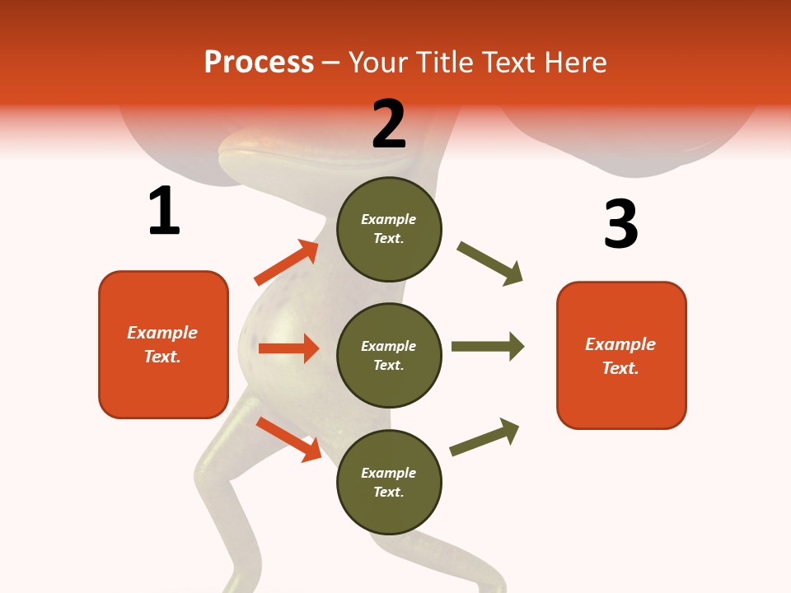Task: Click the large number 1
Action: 164,211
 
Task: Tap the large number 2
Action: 389,124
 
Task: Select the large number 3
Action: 620,224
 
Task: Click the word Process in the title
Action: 259,63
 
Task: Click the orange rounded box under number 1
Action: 163,344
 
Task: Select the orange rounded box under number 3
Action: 621,355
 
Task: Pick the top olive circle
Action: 389,229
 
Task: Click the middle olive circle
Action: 389,355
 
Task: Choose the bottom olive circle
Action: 389,482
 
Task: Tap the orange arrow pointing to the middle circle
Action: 288,348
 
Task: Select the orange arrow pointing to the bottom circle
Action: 289,439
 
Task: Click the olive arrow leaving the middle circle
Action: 488,346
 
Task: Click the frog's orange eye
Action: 265,142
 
